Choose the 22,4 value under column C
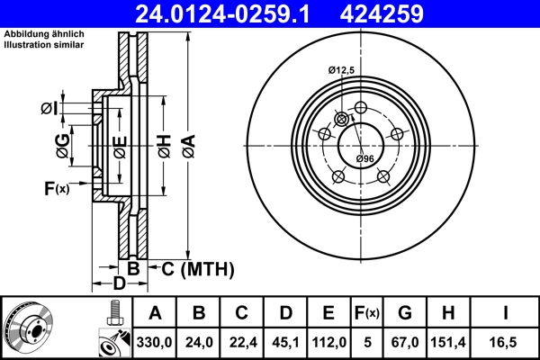(241, 341)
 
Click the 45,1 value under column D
(284, 341)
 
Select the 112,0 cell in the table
(328, 341)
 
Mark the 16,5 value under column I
(507, 341)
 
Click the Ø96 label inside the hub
(364, 159)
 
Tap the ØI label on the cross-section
(49, 109)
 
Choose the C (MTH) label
(197, 268)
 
